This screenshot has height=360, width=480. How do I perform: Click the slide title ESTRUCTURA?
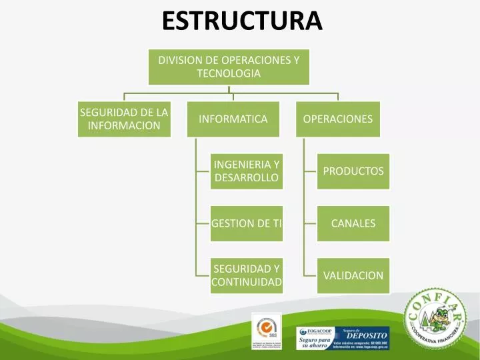(242, 21)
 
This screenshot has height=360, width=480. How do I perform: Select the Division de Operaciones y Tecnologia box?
(229, 67)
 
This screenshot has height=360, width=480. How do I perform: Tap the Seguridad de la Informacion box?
(124, 119)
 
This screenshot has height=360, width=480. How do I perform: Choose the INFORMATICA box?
(233, 119)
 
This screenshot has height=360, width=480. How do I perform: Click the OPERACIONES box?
(337, 119)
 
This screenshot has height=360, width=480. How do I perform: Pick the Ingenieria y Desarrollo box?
(246, 171)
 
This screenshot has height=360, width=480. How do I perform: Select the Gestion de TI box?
(246, 223)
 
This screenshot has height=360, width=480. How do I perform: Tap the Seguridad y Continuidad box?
(246, 275)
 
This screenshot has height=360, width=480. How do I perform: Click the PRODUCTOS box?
(353, 171)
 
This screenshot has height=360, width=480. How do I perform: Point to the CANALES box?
(353, 223)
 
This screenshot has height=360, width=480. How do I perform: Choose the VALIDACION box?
(353, 275)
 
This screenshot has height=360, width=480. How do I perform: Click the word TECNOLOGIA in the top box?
(229, 74)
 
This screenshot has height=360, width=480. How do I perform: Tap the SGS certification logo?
(265, 329)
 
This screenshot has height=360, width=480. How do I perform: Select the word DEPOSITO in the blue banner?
(366, 335)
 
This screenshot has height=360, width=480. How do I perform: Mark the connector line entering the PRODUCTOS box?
(309, 171)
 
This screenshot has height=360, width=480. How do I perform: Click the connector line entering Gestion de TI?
(203, 223)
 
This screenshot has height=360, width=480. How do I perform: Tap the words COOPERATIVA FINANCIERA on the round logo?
(436, 337)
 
